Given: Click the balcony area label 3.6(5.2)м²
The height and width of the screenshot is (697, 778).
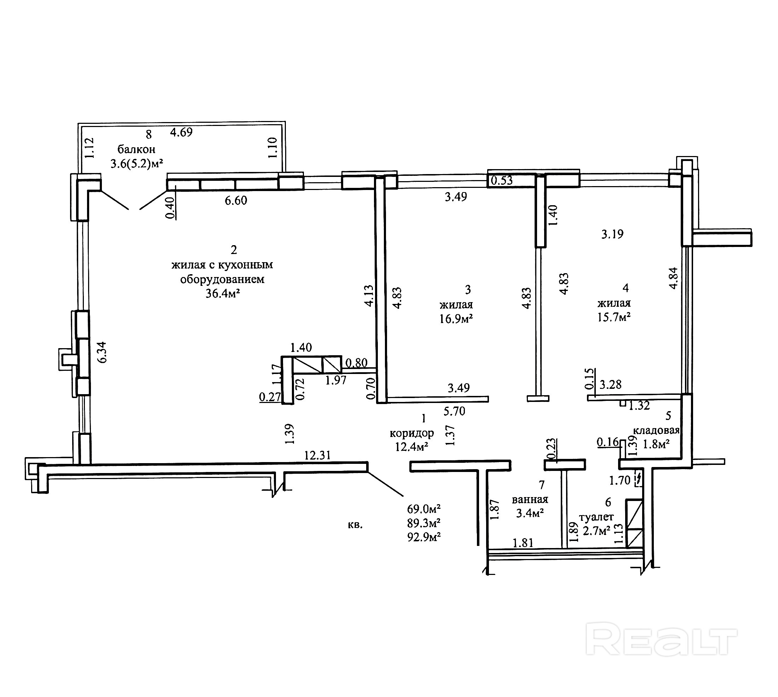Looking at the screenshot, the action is [137, 164].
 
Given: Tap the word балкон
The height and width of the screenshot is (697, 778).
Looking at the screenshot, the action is [136, 149].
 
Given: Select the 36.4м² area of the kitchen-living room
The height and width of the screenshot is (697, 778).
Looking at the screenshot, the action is [223, 294].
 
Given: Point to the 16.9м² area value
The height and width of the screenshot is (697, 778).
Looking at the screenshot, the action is [456, 319].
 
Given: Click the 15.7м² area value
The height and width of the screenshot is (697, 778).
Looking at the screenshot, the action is [614, 317].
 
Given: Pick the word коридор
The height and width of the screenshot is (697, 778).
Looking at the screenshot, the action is [411, 433].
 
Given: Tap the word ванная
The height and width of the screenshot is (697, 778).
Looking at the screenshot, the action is [530, 499].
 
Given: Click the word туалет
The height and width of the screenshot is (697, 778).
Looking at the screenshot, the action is [596, 517].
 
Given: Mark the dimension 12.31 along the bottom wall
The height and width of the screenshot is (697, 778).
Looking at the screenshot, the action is [317, 455].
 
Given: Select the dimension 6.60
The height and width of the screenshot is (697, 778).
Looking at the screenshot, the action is [236, 200].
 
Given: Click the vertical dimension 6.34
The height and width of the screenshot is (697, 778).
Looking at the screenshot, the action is [102, 352].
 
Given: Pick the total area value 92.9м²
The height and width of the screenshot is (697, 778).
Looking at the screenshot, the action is [424, 537].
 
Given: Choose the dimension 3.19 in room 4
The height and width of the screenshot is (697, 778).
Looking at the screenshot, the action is [612, 234].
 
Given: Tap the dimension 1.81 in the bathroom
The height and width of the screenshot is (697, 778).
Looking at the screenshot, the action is [523, 543].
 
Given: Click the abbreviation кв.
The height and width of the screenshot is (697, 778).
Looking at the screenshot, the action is [355, 525].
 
